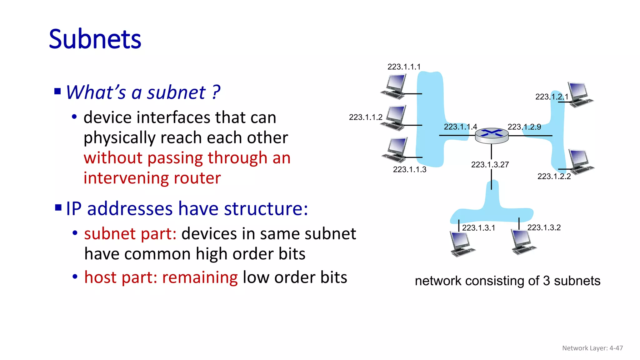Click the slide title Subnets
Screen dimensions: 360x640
pos(95,39)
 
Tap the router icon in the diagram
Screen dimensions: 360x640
pos(492,136)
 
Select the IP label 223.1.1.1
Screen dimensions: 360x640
pos(404,67)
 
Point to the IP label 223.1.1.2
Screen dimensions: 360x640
pos(365,117)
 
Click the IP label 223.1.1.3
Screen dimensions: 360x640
pos(409,169)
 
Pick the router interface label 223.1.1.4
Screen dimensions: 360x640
pos(460,127)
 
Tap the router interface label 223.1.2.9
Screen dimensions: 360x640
pos(524,127)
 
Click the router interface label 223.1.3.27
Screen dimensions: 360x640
pos(490,165)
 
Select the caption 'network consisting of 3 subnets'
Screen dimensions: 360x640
pos(507,281)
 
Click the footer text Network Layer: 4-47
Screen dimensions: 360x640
pos(592,348)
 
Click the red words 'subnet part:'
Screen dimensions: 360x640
pos(130,234)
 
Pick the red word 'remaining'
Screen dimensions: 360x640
pos(200,277)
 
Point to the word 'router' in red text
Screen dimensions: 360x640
pos(197,178)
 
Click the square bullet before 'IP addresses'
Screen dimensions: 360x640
pos(58,208)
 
